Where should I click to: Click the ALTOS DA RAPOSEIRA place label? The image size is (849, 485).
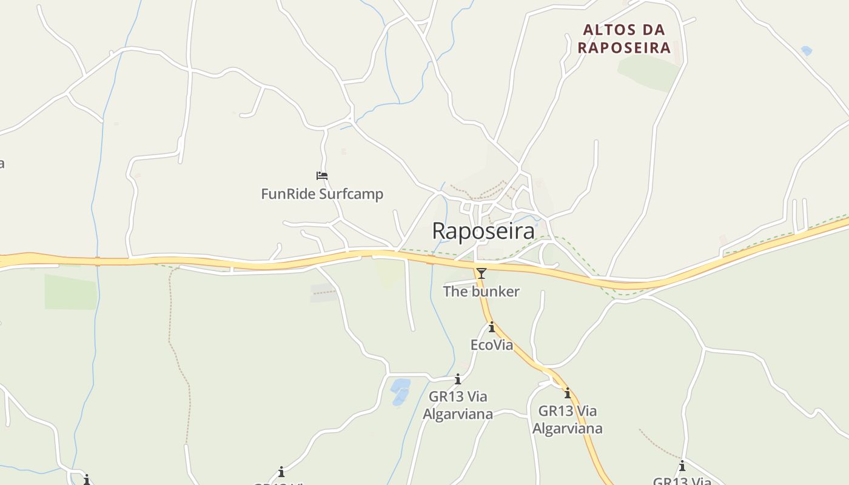point(624,39)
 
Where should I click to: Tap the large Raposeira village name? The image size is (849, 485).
point(483,231)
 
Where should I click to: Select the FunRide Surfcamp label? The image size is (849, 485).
point(322,194)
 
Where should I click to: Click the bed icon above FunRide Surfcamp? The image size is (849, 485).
point(322,176)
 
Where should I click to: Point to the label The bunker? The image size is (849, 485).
point(481,292)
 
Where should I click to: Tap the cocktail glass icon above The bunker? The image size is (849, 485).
point(482,273)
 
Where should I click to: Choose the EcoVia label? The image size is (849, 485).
point(492,345)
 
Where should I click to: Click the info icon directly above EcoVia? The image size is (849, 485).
point(492,328)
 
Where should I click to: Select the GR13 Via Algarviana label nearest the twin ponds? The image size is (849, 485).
point(458,405)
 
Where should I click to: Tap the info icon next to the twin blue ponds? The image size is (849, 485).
point(458,380)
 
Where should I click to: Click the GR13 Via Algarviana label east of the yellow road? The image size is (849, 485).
point(568,420)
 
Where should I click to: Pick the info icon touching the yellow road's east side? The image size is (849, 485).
point(568,393)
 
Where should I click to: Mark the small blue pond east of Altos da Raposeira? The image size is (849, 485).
point(806,51)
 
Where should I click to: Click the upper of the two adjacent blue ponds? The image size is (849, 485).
point(401,384)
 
